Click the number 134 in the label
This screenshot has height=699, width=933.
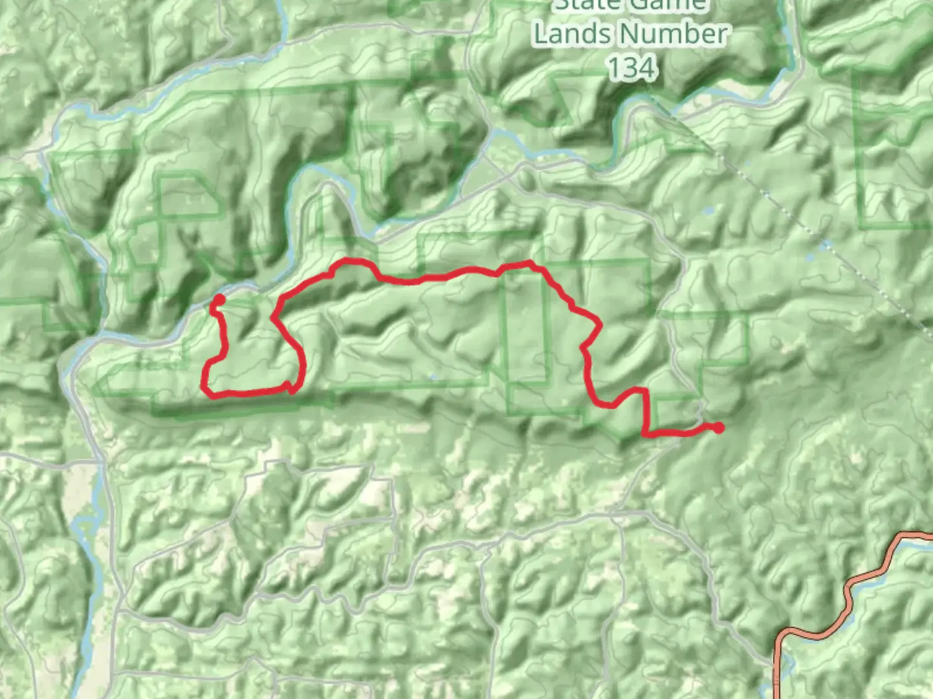(x=632, y=67)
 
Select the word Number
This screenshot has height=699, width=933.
(x=673, y=34)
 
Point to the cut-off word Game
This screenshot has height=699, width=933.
(x=667, y=5)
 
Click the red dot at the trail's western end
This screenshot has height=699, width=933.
(x=219, y=300)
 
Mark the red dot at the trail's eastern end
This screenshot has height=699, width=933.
(x=718, y=427)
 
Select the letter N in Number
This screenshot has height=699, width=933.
(x=631, y=34)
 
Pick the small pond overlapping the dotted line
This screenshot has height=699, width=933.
(x=825, y=247)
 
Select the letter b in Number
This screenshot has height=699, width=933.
(x=687, y=34)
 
